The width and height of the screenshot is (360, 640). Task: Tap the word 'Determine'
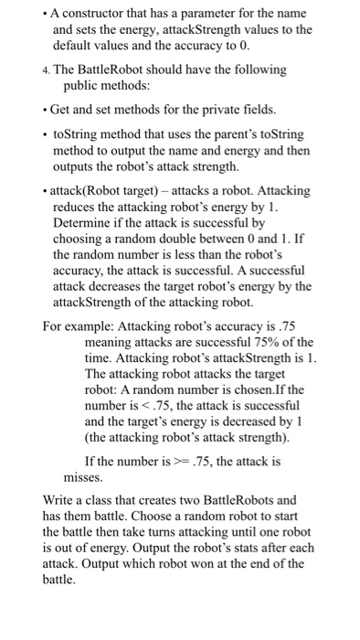(82, 222)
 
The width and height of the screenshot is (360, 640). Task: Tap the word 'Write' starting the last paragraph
(60, 501)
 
